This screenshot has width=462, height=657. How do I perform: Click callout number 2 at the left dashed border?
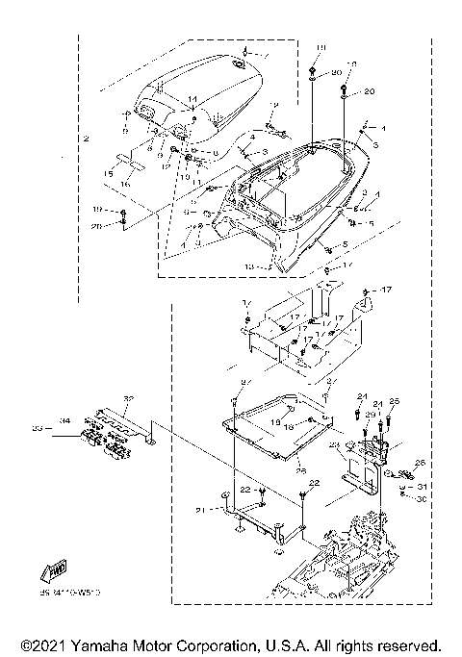(x=86, y=140)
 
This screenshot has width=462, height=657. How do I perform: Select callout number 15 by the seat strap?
(x=110, y=173)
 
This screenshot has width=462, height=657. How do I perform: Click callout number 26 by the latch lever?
(x=419, y=463)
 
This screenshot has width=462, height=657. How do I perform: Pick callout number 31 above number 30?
(x=421, y=487)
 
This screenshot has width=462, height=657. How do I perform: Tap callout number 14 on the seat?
(x=192, y=100)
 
